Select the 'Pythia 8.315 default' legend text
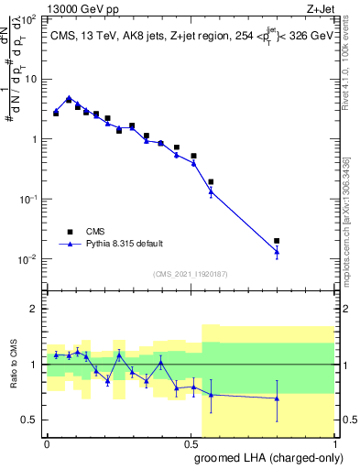124,244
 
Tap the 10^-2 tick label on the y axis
29,259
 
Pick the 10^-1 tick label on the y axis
29,200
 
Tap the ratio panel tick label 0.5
30,420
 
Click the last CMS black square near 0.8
277,241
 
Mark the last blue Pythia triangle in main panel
277,251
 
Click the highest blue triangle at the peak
69,96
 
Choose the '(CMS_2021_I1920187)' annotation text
191,273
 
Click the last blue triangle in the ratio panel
277,398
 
